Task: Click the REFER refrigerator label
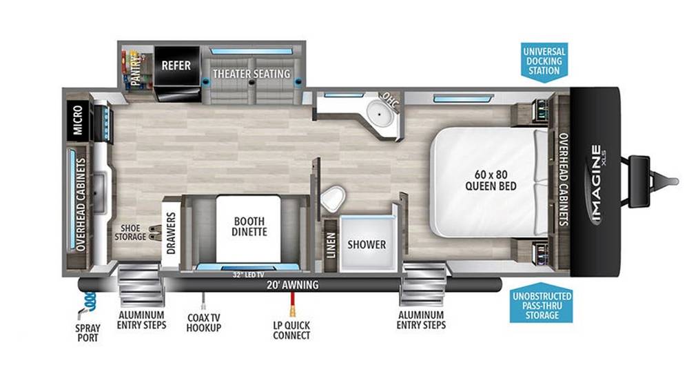coord(176,66)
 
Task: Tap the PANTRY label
coord(136,69)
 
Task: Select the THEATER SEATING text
coord(251,73)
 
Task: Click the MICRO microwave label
coord(78,119)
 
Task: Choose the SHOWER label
coord(367,244)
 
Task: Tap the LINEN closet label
coord(331,245)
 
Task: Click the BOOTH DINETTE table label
coord(249,226)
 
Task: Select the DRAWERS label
coord(171,233)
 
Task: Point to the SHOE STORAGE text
coord(130,233)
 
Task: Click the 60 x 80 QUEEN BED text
coord(491,180)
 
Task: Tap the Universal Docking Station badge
coord(544,61)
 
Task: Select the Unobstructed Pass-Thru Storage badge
coord(542,304)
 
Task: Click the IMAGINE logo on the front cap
coord(596,183)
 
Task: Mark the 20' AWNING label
coord(292,285)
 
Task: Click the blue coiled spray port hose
coord(89,302)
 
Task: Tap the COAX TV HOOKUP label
coord(203,322)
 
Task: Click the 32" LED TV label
coord(248,275)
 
